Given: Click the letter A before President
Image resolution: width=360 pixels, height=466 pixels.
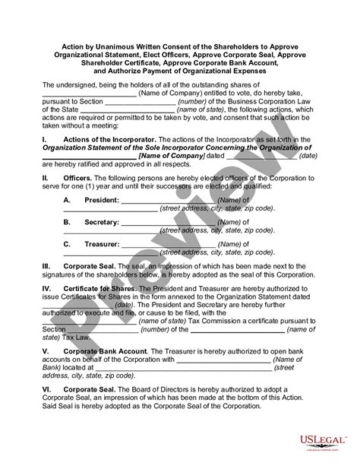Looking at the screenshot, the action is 67,199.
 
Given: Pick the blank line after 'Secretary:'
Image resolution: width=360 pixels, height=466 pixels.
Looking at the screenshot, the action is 163,223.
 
